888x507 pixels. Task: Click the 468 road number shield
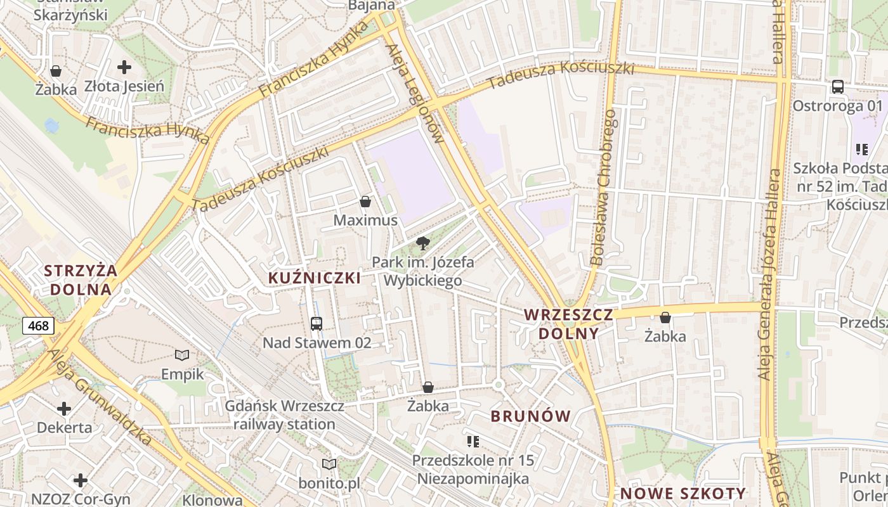39,326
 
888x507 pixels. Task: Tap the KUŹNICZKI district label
315,278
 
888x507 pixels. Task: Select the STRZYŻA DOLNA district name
81,280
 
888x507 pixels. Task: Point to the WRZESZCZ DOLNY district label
569,324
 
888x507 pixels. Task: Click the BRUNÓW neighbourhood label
531,416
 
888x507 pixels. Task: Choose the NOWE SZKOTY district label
683,494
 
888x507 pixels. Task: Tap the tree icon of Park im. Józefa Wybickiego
422,243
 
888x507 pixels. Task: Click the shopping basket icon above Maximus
365,202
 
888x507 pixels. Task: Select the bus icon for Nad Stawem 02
317,323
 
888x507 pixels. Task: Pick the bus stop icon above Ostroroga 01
837,87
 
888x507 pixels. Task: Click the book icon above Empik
182,356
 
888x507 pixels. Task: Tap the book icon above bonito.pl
329,464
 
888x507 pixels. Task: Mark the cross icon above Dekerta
64,408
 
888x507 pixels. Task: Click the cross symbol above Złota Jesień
124,67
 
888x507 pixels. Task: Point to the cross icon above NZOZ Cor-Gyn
81,480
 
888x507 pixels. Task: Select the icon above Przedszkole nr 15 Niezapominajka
473,441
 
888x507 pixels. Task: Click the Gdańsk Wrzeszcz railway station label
285,415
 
